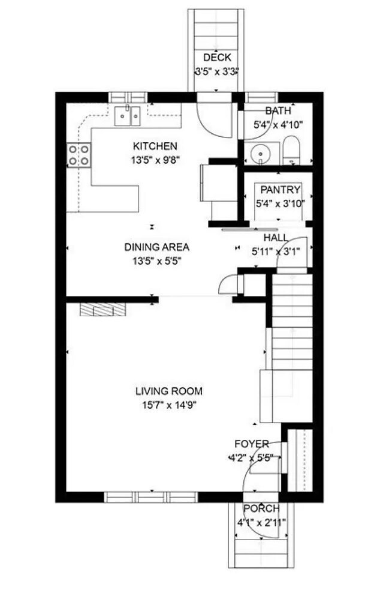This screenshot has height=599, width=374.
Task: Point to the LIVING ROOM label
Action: point(169,391)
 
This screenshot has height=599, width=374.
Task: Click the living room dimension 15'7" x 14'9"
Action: point(170,405)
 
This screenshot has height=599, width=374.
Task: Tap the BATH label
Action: point(278,111)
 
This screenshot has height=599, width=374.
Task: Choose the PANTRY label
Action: point(280,190)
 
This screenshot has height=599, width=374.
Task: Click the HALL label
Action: point(276,238)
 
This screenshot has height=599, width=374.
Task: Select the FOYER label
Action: point(252,444)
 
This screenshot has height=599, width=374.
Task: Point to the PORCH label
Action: point(261,509)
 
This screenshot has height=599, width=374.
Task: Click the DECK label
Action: point(217,58)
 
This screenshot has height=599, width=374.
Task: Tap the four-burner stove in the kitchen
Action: point(79,155)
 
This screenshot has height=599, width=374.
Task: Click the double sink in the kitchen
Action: point(128,116)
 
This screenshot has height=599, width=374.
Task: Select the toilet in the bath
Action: point(292,150)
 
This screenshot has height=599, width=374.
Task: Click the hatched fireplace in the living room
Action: point(102,310)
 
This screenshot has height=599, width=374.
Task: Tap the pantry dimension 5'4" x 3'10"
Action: point(280,203)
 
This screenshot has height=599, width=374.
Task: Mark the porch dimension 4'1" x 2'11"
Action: point(261,523)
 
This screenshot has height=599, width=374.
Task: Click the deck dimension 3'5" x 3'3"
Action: point(217,71)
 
